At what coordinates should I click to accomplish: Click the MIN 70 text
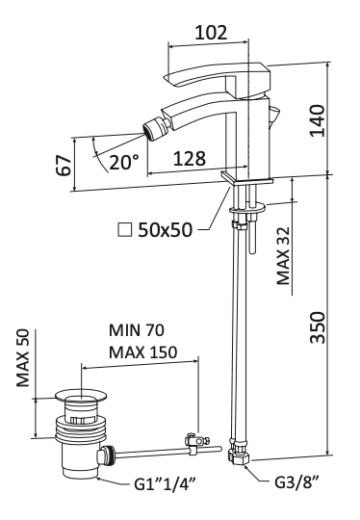[x=135, y=331]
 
